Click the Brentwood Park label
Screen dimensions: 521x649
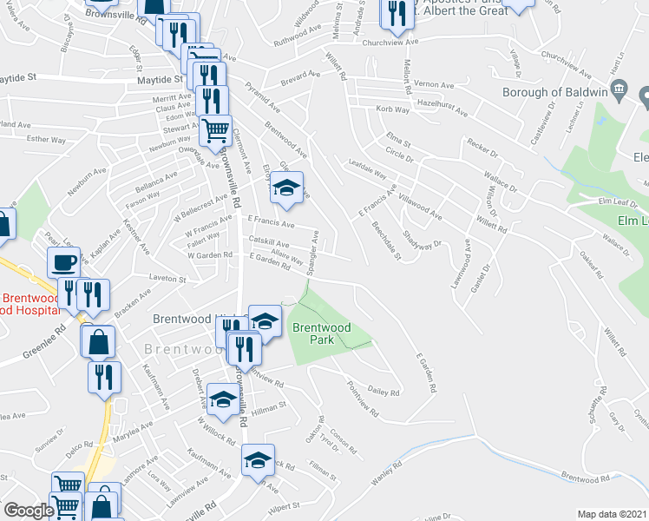point(321,333)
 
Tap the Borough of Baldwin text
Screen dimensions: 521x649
point(555,91)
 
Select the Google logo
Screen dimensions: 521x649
point(28,511)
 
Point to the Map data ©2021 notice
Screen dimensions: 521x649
point(613,514)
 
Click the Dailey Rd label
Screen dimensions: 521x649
point(383,392)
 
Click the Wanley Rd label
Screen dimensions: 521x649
point(383,478)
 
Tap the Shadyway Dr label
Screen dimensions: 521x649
point(426,234)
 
